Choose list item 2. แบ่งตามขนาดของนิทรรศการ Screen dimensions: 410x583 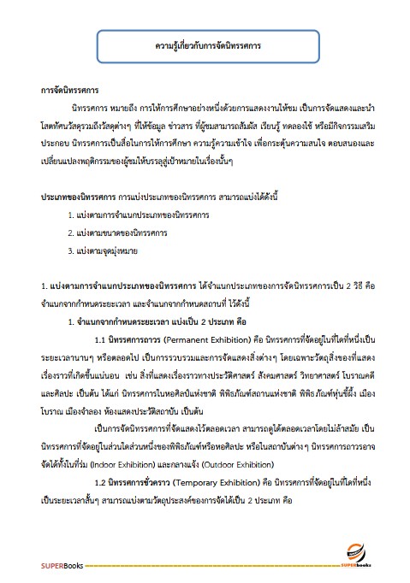coord(118,233)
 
